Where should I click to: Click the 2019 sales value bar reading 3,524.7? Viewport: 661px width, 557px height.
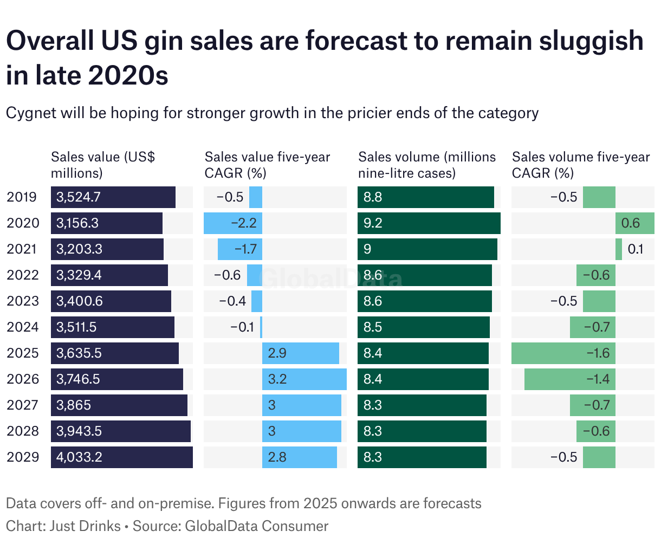click(113, 197)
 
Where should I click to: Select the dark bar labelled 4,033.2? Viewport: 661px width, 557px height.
click(122, 457)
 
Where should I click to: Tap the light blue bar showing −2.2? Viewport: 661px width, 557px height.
click(233, 223)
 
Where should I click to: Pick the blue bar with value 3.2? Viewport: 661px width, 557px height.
click(304, 379)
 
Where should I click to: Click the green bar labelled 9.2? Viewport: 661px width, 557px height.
click(429, 223)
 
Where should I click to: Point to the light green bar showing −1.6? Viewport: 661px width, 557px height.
click(563, 353)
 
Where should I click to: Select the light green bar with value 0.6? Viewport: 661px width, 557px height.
click(634, 223)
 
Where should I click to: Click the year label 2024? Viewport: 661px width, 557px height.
click(23, 327)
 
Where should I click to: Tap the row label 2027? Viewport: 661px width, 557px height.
click(23, 405)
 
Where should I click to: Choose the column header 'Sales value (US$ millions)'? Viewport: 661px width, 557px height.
click(103, 165)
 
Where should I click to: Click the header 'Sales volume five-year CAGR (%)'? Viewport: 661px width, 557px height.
click(580, 165)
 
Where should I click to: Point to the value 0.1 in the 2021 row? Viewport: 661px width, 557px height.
click(635, 249)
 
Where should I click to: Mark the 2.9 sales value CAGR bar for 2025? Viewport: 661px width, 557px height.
click(301, 353)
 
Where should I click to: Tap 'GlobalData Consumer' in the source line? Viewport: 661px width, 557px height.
click(257, 526)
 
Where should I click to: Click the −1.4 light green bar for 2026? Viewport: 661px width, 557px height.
click(570, 379)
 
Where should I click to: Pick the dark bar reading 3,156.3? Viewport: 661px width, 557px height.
click(107, 223)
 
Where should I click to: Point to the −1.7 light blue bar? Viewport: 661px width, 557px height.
click(240, 249)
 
